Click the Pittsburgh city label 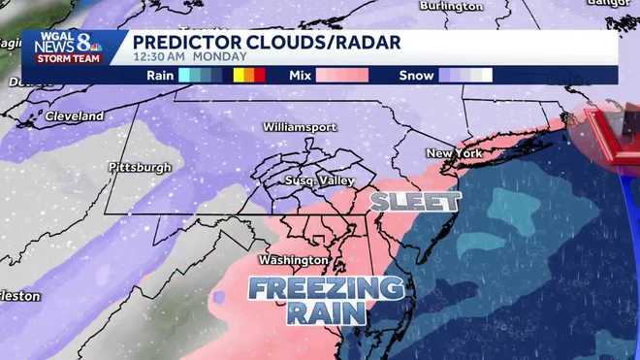point(141,167)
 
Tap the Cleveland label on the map point(74,116)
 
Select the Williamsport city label point(301,127)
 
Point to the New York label point(454,154)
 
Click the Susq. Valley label point(319,181)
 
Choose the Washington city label point(292,260)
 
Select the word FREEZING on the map point(325,288)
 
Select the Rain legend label point(160,75)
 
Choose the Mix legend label point(301,75)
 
